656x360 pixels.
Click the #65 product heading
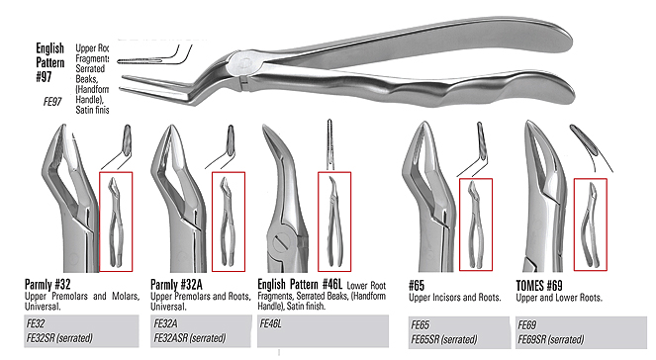(x=417, y=285)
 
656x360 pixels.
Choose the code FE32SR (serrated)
(x=59, y=338)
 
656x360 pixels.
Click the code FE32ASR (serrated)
(x=191, y=338)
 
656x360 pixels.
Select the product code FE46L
(x=271, y=323)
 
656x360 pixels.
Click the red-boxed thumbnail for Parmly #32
(x=121, y=222)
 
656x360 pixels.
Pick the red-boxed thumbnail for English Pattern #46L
(x=332, y=222)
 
